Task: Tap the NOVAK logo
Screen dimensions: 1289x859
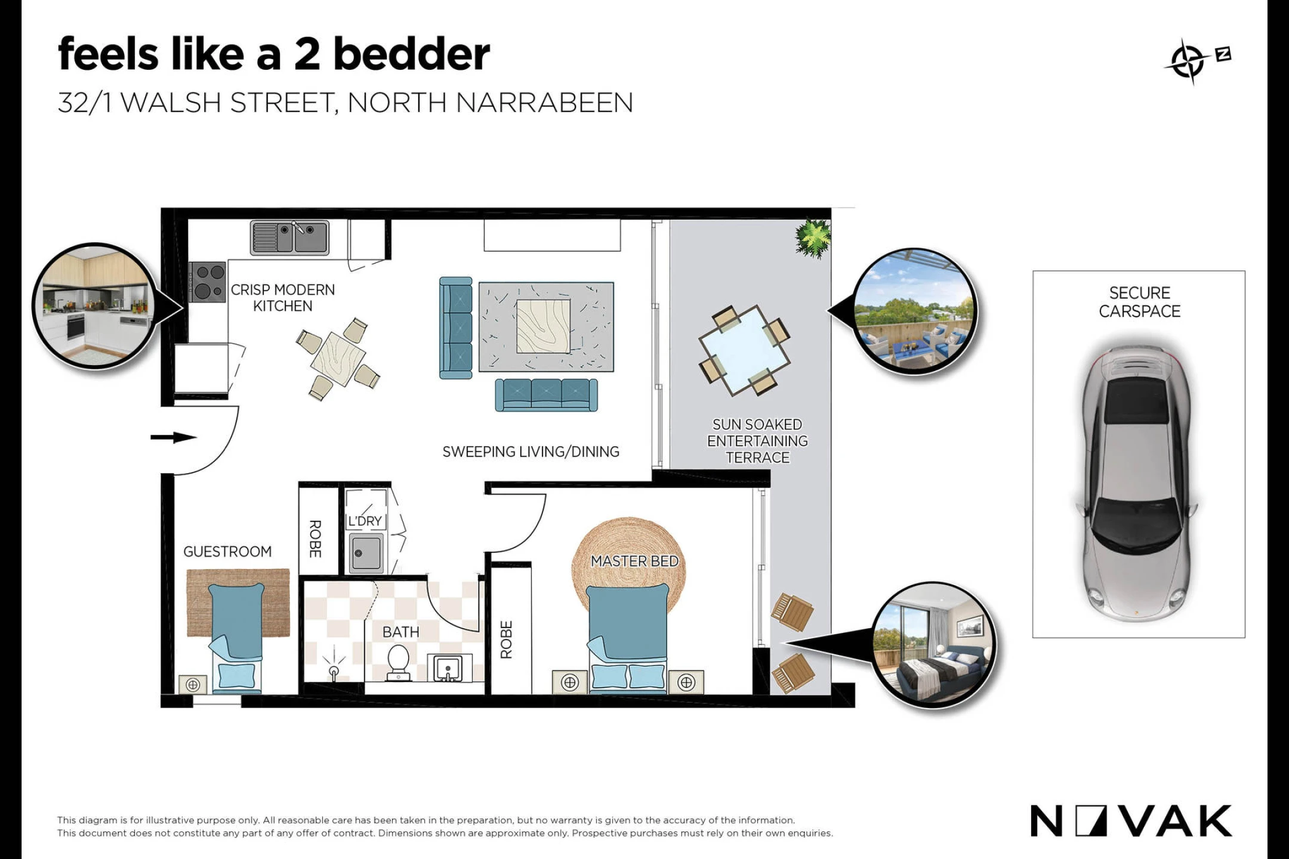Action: pyautogui.click(x=1131, y=821)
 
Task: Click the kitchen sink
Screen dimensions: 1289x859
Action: pyautogui.click(x=289, y=237)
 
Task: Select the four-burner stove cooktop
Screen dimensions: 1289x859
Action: pyautogui.click(x=207, y=282)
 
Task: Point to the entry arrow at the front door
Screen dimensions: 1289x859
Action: pyautogui.click(x=173, y=437)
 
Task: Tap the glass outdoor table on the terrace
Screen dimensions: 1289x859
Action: pyautogui.click(x=744, y=350)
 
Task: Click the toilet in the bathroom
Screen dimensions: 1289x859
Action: pyautogui.click(x=397, y=663)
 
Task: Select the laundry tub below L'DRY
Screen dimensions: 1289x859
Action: pyautogui.click(x=366, y=553)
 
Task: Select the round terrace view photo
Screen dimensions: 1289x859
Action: pyautogui.click(x=915, y=311)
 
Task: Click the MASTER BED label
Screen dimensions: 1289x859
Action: pyautogui.click(x=634, y=561)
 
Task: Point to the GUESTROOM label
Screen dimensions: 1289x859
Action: pyautogui.click(x=227, y=552)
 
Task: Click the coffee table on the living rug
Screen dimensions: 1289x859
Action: pyautogui.click(x=543, y=326)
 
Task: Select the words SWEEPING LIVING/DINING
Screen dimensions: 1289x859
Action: pyautogui.click(x=531, y=452)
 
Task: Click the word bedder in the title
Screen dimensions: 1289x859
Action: pyautogui.click(x=412, y=54)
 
